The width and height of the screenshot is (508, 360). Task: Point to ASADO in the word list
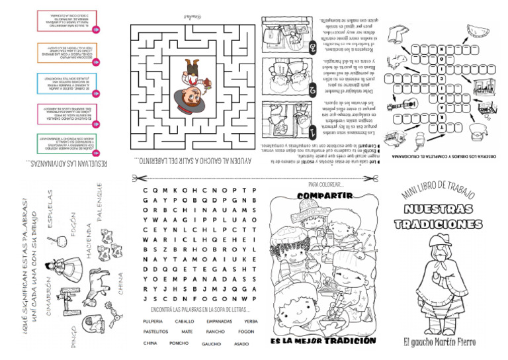tap(241, 344)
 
